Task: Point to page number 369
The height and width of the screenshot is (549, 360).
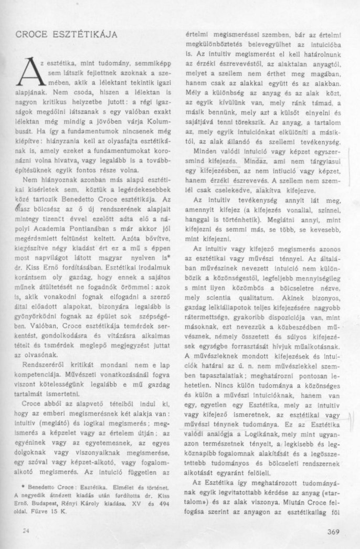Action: pyautogui.click(x=334, y=531)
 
